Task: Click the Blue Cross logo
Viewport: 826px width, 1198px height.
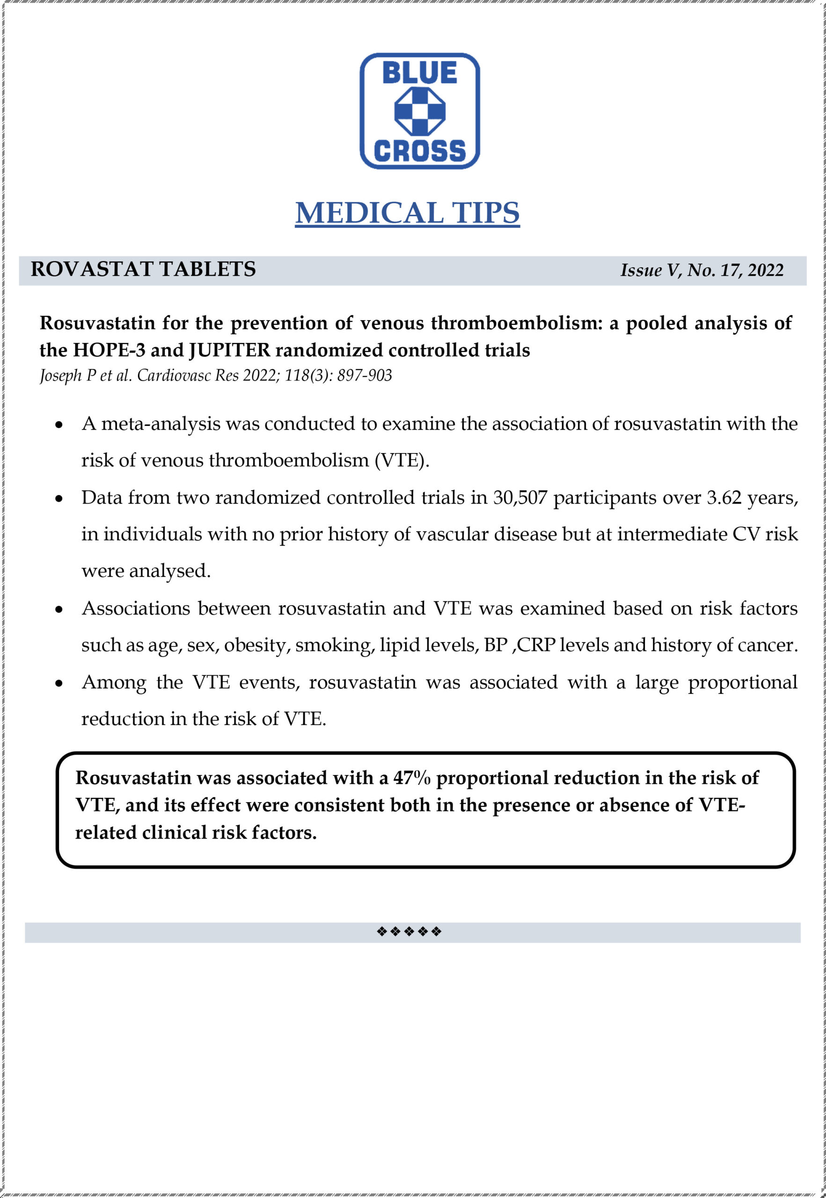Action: [419, 111]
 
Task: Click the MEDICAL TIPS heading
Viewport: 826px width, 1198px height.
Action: [407, 212]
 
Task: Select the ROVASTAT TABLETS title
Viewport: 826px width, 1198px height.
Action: [143, 269]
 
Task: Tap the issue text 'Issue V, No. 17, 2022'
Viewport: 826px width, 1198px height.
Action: [702, 270]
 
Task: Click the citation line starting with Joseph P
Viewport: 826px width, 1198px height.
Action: [216, 375]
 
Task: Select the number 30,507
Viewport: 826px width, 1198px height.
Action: [519, 498]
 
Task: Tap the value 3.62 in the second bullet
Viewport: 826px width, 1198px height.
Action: [724, 498]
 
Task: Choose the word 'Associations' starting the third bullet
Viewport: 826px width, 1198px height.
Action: [136, 608]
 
